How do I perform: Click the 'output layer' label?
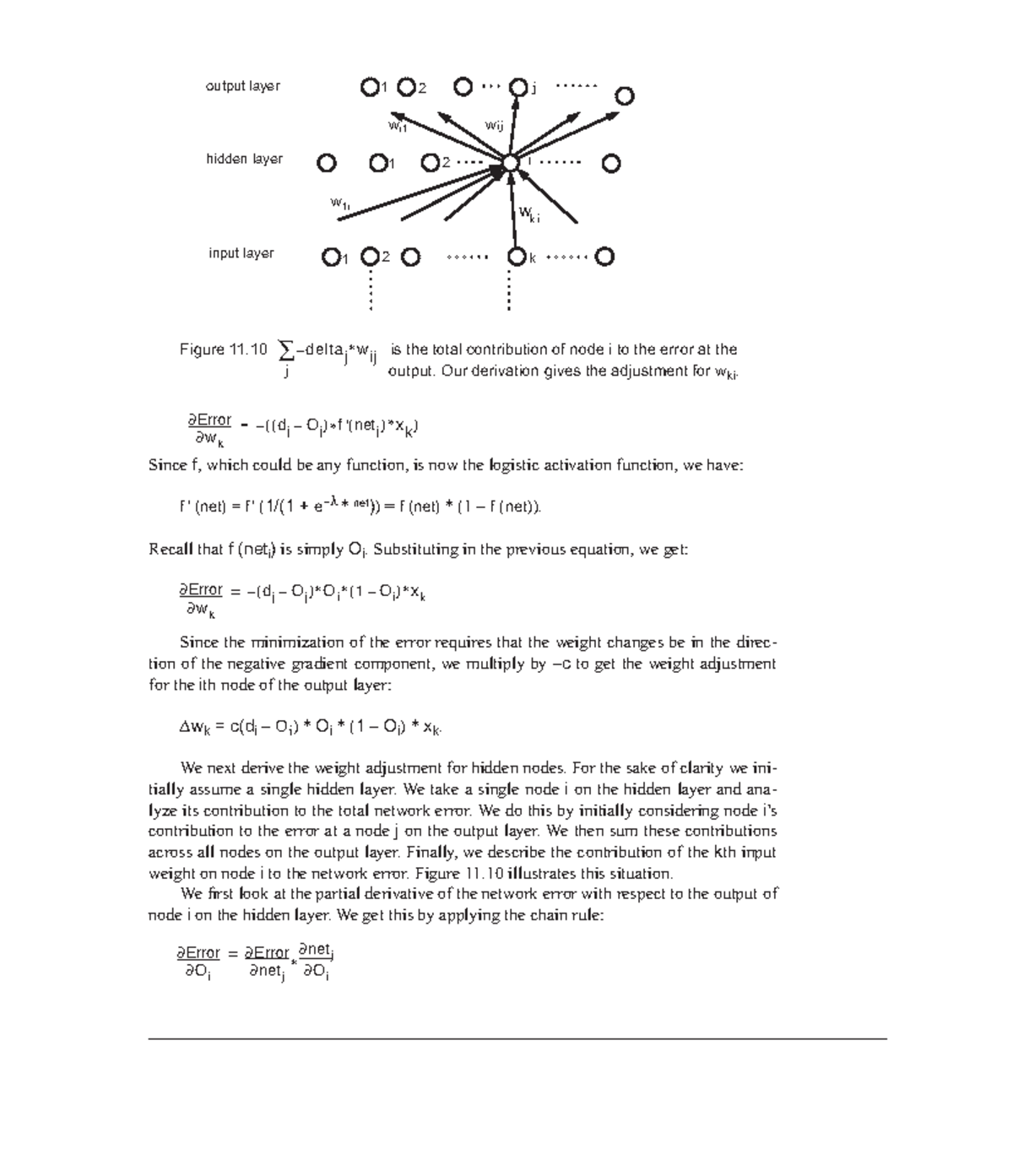pyautogui.click(x=242, y=86)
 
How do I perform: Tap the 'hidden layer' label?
pyautogui.click(x=244, y=160)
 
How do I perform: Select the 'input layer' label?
pyautogui.click(x=241, y=253)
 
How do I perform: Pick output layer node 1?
pyautogui.click(x=369, y=87)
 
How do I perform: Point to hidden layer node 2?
pyautogui.click(x=431, y=162)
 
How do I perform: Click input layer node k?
pyautogui.click(x=516, y=257)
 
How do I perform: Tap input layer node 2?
pyautogui.click(x=370, y=257)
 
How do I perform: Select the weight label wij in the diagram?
pyautogui.click(x=494, y=126)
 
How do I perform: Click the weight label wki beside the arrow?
pyautogui.click(x=528, y=214)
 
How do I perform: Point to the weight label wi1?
pyautogui.click(x=398, y=127)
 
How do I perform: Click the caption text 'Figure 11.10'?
pyautogui.click(x=223, y=350)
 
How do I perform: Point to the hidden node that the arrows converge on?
pyautogui.click(x=510, y=163)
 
